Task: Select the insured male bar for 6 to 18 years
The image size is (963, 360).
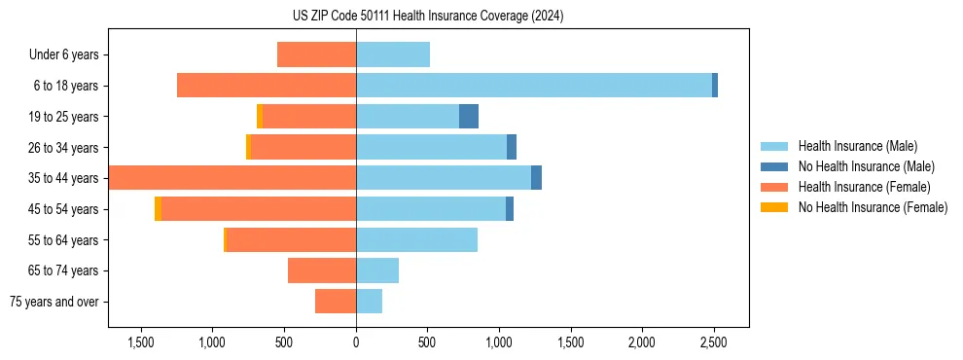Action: coord(534,86)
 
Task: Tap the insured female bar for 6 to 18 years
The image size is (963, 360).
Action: coord(267,86)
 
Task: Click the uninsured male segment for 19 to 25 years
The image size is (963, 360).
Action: coord(469,117)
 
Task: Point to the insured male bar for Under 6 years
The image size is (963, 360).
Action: coord(393,54)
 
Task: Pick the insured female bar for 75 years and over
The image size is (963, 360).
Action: coord(336,302)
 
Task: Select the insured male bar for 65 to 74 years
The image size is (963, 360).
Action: coord(377,270)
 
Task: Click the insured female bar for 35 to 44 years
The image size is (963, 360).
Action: coord(232,178)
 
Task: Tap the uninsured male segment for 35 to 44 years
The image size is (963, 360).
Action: coord(536,178)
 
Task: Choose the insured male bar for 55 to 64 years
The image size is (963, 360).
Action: coord(416,239)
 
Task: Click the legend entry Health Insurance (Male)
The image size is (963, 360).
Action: coord(852,146)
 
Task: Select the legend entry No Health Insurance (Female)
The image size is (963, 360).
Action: coord(873,207)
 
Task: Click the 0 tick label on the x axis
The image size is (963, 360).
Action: coord(356,342)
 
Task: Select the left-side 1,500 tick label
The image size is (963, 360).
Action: coord(141,342)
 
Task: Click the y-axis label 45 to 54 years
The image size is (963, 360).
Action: coord(63,209)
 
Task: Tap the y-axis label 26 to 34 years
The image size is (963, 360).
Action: coord(63,148)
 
